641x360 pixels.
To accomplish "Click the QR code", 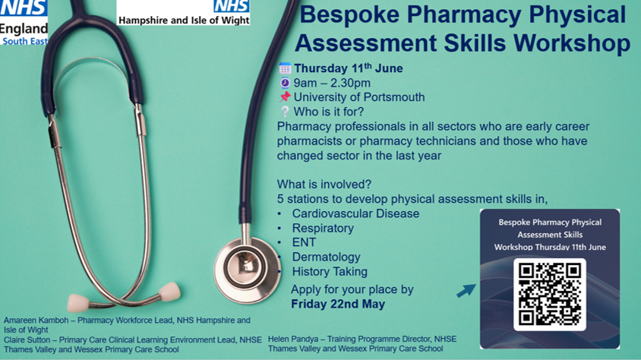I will [x=549, y=294].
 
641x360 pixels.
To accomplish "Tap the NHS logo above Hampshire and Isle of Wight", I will [x=231, y=7].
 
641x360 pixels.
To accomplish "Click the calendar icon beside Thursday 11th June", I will [x=285, y=68].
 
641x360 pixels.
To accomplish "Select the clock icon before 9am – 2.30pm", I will [x=285, y=83].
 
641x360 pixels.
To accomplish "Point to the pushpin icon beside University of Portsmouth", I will [x=285, y=97].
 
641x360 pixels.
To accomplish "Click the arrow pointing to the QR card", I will [x=466, y=289].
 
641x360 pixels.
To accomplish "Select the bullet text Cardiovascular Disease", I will [x=355, y=213].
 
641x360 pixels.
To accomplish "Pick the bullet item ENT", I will [x=304, y=242].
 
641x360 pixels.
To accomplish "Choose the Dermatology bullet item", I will [x=326, y=257].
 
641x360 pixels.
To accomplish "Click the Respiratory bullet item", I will [x=323, y=228].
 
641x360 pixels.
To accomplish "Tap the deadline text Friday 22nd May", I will [x=338, y=304].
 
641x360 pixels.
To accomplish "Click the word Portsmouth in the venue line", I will [x=391, y=97].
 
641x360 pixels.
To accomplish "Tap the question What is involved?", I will [x=324, y=185].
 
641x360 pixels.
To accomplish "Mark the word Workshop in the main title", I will [x=572, y=43].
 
